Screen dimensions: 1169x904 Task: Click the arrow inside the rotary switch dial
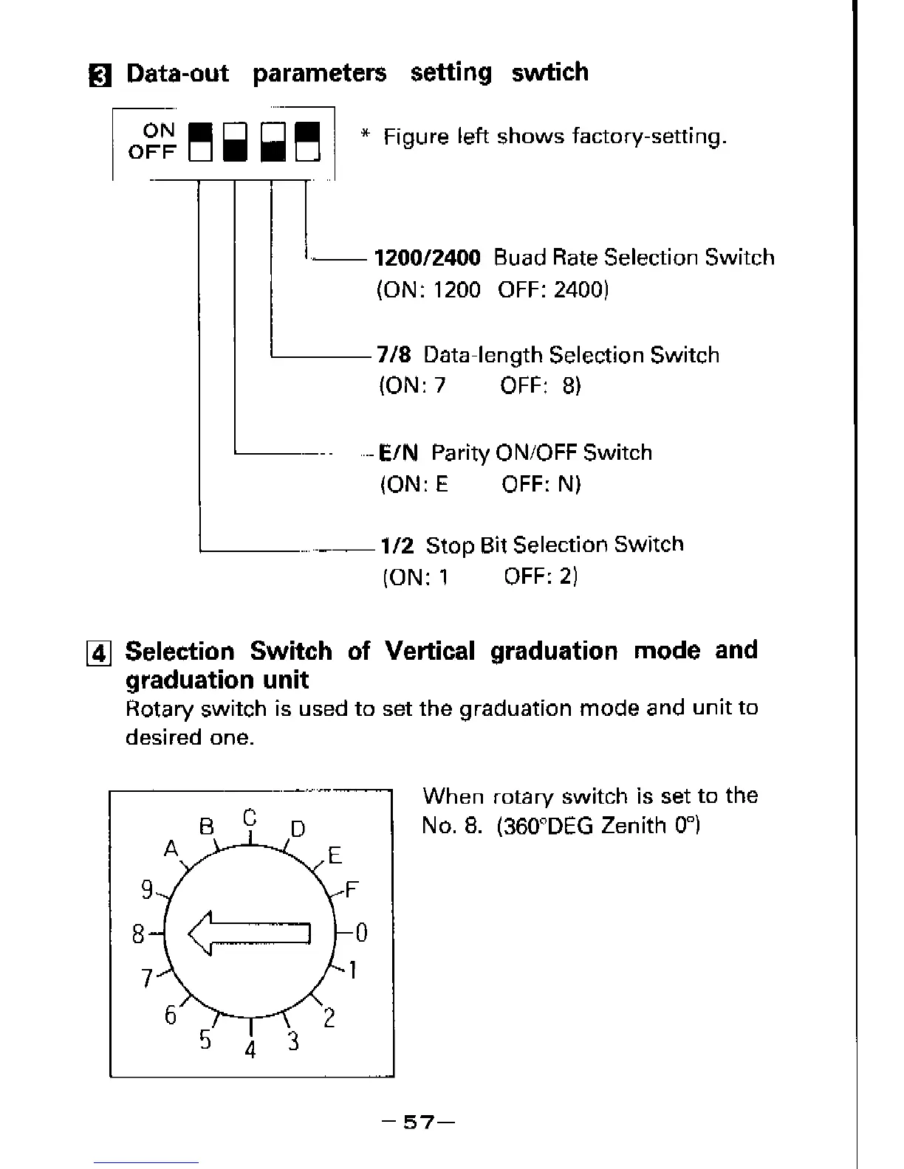coord(250,934)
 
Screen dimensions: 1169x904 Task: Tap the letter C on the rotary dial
coord(250,818)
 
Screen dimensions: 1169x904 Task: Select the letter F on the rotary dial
coord(352,889)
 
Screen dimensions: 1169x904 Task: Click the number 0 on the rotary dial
coord(361,934)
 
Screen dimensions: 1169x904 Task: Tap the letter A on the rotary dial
coord(171,849)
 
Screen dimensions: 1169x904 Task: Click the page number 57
coord(417,1123)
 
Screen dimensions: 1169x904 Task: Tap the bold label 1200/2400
coord(428,258)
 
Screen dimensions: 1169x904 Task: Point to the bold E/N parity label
coord(398,452)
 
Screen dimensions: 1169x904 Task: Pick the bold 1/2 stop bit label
coord(397,546)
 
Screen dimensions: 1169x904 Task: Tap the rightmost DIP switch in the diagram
coord(307,142)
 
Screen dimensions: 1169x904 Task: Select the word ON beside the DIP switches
coord(159,131)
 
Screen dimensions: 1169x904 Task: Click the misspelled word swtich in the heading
coord(550,72)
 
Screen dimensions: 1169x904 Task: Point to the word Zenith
coord(633,825)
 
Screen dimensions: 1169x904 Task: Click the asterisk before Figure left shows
coord(364,136)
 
